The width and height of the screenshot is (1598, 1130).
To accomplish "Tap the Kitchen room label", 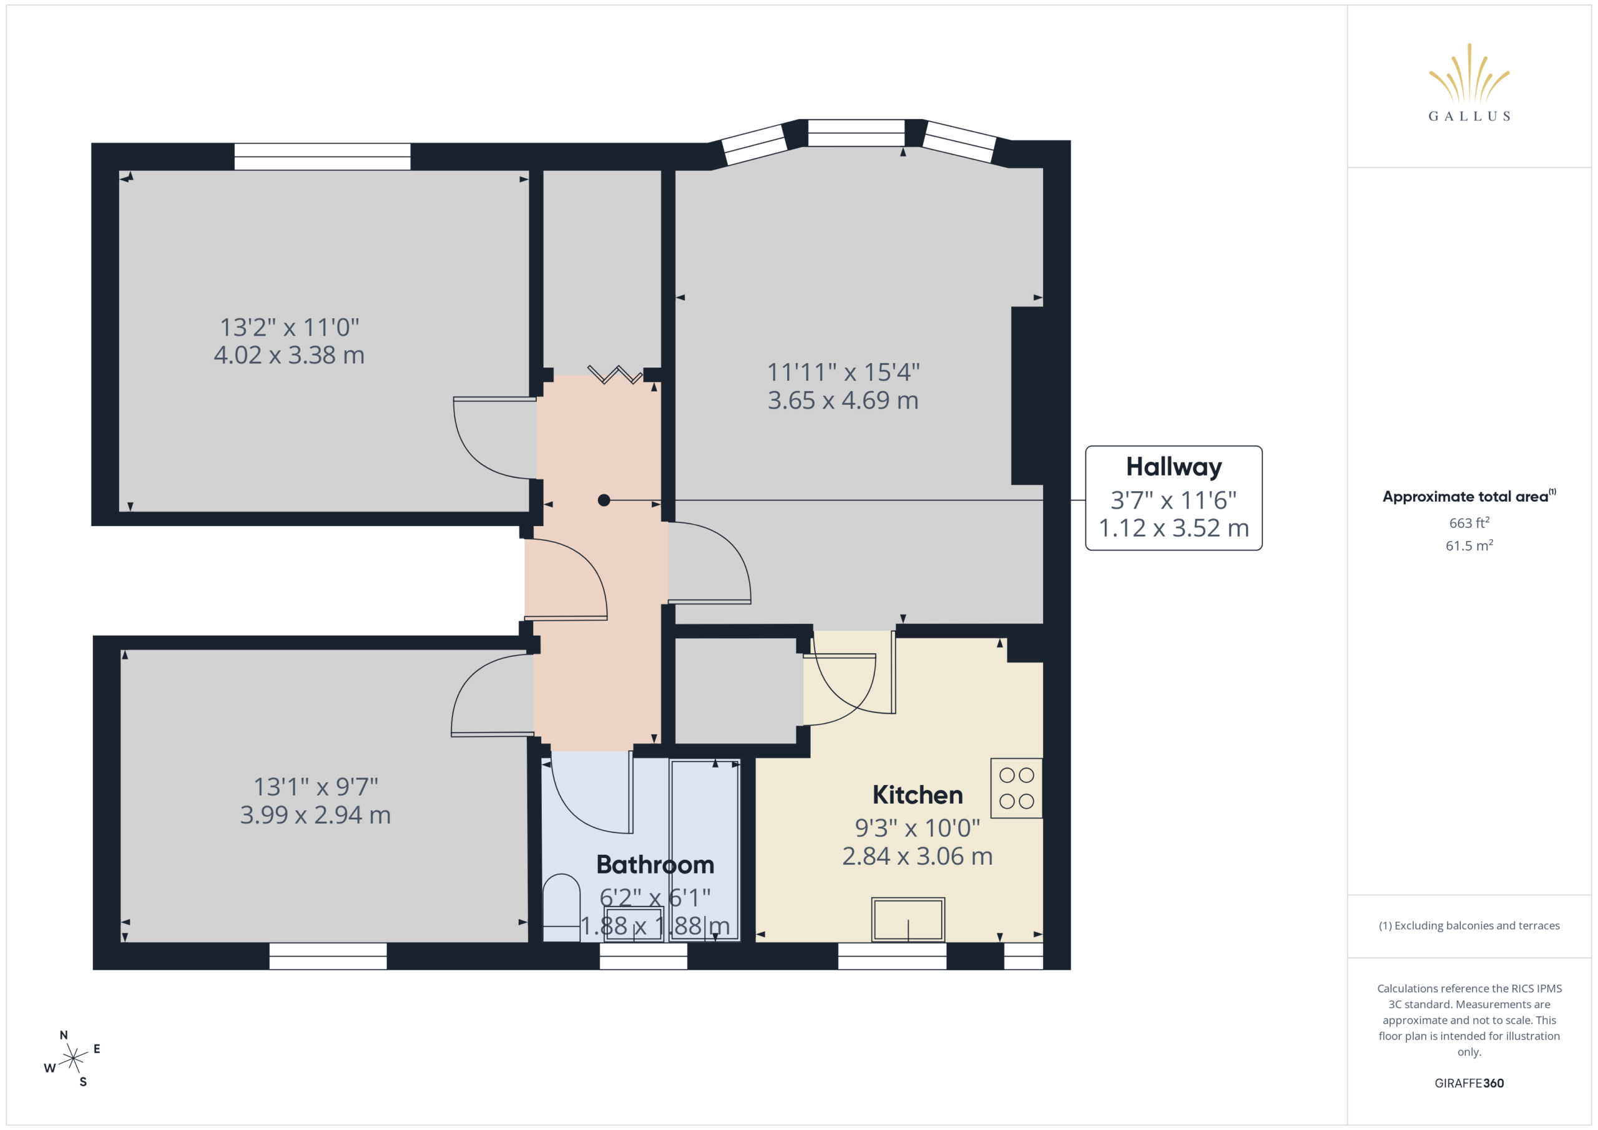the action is click(918, 794).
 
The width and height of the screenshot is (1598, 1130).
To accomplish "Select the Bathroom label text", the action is click(655, 864).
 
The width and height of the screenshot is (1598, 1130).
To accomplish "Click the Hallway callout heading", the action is click(1174, 467).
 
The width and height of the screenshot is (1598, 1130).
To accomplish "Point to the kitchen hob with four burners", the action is click(1016, 787).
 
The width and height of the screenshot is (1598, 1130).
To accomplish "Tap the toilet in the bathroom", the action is click(561, 907).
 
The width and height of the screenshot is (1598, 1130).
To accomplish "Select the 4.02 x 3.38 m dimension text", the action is click(289, 355).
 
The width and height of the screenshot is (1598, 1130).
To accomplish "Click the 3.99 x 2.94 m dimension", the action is click(315, 815).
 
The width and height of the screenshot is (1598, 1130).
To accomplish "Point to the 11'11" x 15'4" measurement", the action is click(843, 373).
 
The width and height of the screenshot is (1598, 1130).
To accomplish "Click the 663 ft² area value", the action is click(1469, 522).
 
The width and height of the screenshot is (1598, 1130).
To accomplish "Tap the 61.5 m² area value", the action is click(1469, 545).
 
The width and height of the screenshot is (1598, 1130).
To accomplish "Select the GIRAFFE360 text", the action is click(1469, 1083).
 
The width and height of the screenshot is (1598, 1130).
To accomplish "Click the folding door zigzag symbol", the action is click(615, 374).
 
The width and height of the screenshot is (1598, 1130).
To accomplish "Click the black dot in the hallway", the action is click(604, 500).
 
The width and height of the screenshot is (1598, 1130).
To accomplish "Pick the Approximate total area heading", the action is click(1469, 496).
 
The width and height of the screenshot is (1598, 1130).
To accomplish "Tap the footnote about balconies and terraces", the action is click(1469, 925).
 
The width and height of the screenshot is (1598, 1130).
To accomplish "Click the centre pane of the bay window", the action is click(855, 133).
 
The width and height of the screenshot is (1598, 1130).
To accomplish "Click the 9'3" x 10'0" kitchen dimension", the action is click(918, 828).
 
